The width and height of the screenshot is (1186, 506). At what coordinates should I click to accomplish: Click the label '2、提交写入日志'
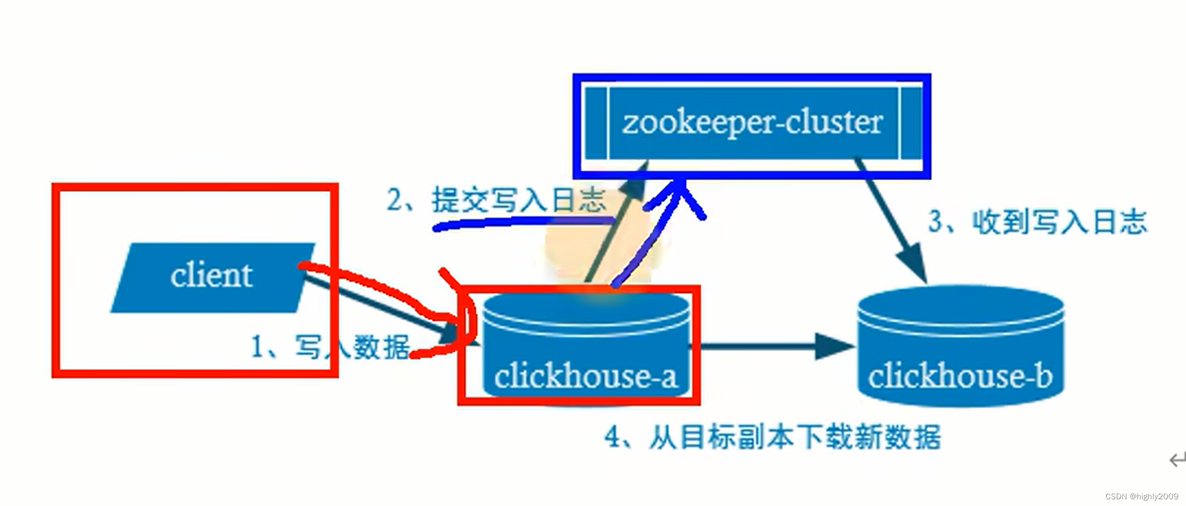click(x=496, y=200)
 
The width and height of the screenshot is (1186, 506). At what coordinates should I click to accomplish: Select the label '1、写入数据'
click(x=330, y=347)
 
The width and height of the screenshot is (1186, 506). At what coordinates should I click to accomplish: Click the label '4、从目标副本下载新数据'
click(x=773, y=437)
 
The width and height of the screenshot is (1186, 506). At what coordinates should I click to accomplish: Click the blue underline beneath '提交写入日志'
click(x=519, y=222)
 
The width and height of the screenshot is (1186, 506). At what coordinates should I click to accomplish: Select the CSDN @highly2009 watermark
click(x=1141, y=497)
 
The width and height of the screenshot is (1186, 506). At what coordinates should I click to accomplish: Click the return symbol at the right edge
click(x=1177, y=460)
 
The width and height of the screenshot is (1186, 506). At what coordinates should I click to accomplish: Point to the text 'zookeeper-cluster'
click(x=752, y=123)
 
